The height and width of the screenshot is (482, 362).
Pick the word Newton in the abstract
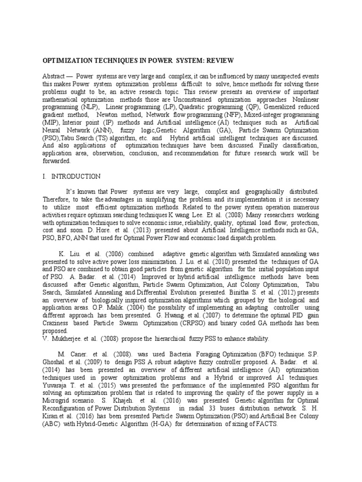(108, 114)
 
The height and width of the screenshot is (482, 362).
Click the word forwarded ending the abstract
(56, 161)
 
